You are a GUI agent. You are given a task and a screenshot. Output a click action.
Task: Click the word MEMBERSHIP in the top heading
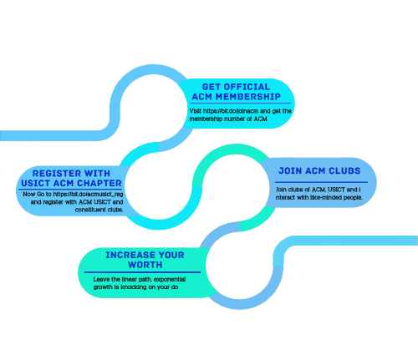coord(248,97)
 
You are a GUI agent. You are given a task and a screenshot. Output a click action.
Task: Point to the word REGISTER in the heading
coord(57,174)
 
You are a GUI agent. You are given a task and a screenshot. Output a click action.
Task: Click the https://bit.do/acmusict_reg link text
coord(88,194)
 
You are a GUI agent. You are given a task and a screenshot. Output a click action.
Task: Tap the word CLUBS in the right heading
coord(344,170)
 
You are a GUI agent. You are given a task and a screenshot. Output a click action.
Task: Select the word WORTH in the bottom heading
coord(145,265)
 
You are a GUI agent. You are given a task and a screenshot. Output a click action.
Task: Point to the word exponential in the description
coord(170,279)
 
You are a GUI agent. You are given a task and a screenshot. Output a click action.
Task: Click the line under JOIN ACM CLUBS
coord(321,182)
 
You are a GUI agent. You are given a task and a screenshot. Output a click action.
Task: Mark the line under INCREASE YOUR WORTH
coord(142,272)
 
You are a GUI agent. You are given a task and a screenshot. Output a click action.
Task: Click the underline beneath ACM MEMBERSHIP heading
coord(241,104)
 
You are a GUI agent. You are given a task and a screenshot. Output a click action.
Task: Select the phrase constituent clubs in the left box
coord(99,210)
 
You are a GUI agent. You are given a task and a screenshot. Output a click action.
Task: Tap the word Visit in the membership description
coord(196,111)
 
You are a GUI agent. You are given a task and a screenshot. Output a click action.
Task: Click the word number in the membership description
coord(235,119)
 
